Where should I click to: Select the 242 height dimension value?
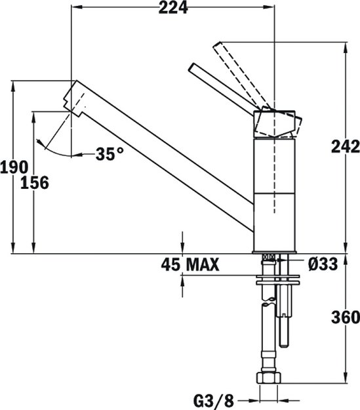pyautogui.click(x=345, y=147)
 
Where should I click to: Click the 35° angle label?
pyautogui.click(x=109, y=154)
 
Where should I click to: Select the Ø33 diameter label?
pyautogui.click(x=322, y=264)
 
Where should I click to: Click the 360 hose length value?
pyautogui.click(x=346, y=318)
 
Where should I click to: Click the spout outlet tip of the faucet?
pyautogui.click(x=70, y=96)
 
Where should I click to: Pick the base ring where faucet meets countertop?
pyautogui.click(x=275, y=252)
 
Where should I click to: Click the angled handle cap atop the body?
pyautogui.click(x=279, y=123)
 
